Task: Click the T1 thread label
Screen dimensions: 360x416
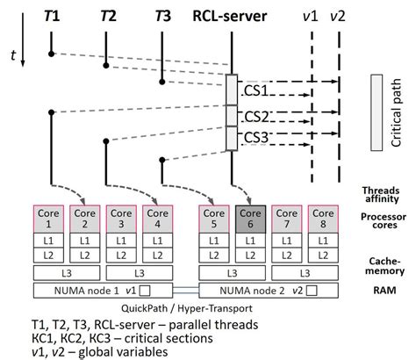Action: [x=52, y=16]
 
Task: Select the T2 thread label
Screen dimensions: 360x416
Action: [x=108, y=16]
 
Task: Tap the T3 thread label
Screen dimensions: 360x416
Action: [x=162, y=16]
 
